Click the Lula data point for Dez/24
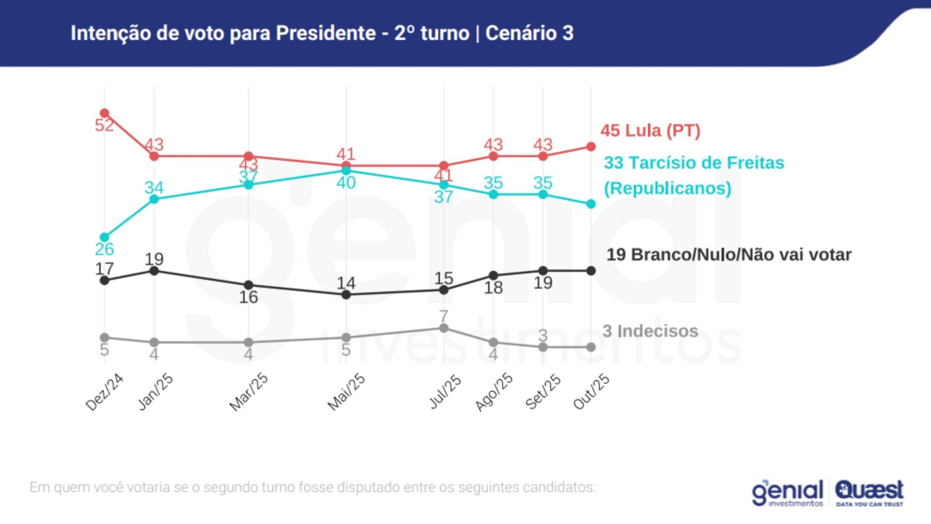click(x=104, y=114)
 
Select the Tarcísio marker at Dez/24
click(x=104, y=237)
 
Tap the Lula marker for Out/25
click(x=591, y=147)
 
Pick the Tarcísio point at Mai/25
click(x=346, y=170)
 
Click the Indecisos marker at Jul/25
click(x=443, y=328)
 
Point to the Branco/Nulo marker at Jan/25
click(x=154, y=271)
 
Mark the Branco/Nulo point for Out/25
click(x=591, y=271)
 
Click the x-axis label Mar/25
click(x=248, y=392)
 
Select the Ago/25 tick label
click(x=494, y=392)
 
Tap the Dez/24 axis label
click(x=104, y=392)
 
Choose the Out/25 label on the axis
click(x=591, y=392)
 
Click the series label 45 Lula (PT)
click(x=650, y=131)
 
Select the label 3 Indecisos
click(x=650, y=331)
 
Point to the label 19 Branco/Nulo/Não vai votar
click(x=729, y=255)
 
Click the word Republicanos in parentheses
click(x=667, y=188)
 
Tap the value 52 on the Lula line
click(x=104, y=125)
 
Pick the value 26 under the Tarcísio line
click(x=104, y=249)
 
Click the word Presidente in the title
click(x=326, y=33)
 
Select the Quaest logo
click(x=869, y=492)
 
